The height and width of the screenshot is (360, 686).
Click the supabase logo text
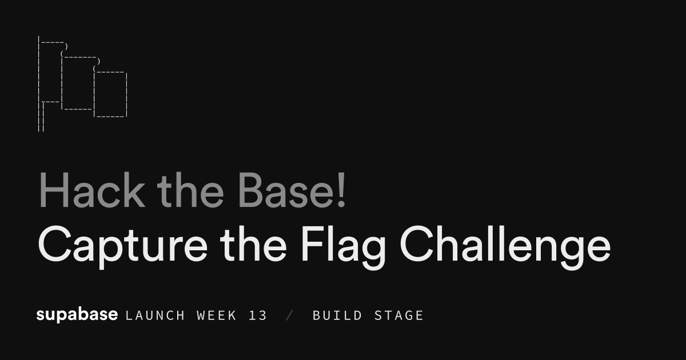(x=77, y=315)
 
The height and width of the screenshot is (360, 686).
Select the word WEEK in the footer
(x=216, y=315)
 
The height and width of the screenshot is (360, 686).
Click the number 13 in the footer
(x=258, y=315)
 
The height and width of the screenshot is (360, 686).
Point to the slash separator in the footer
(x=289, y=315)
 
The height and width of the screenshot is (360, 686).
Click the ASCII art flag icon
(x=82, y=83)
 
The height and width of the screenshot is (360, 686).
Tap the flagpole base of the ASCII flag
(x=41, y=123)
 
